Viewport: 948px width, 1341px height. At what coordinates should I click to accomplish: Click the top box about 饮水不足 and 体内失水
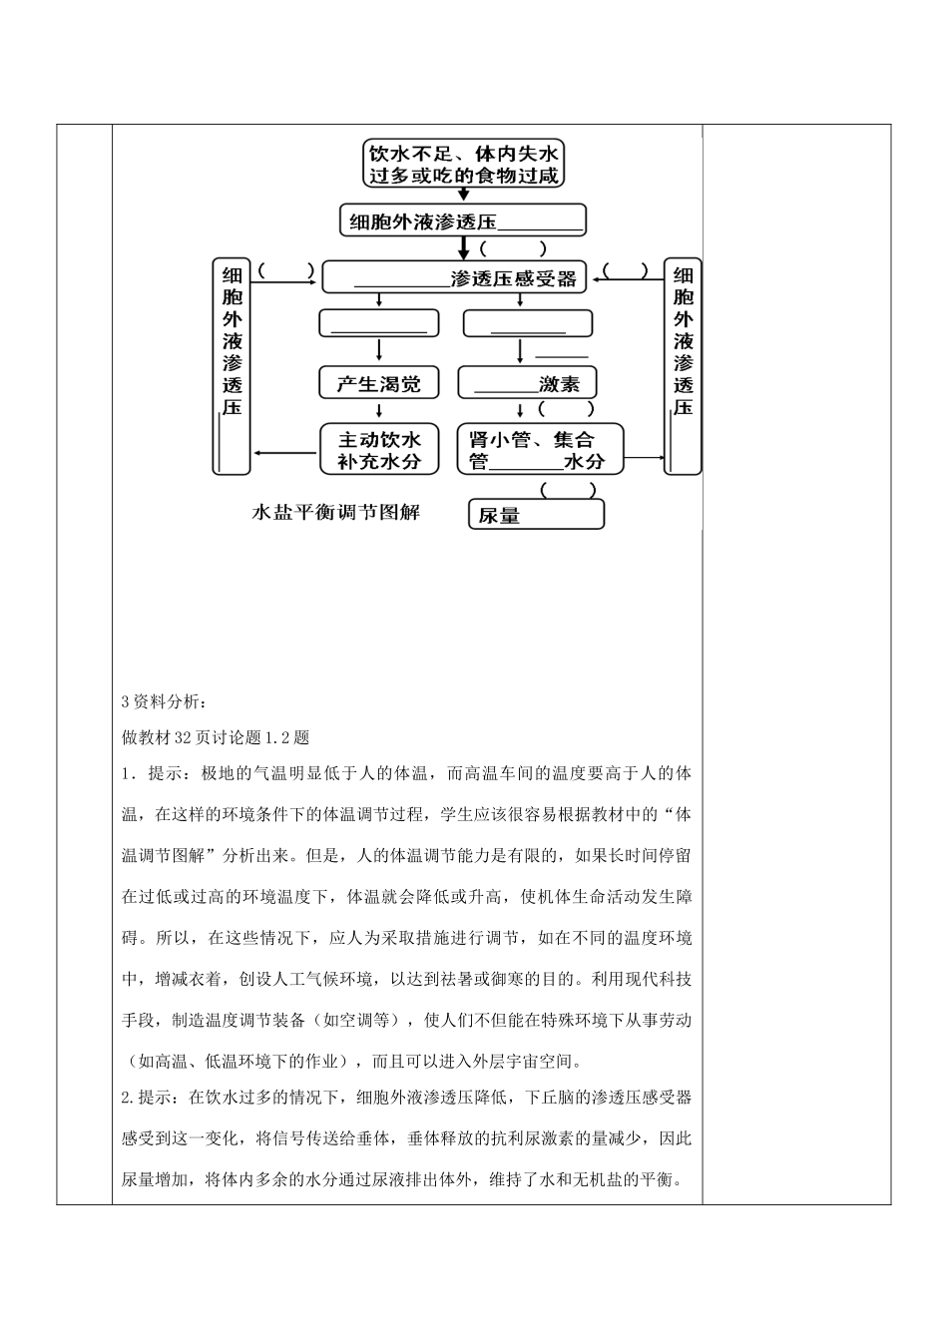click(462, 164)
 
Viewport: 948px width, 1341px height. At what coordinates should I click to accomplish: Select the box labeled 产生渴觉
click(379, 383)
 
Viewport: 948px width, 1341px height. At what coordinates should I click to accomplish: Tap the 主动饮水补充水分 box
click(379, 449)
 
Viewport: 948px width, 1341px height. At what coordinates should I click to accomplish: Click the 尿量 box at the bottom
click(536, 514)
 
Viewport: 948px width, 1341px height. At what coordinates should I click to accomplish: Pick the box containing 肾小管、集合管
click(539, 449)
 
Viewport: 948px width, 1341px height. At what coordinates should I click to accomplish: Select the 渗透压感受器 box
click(455, 278)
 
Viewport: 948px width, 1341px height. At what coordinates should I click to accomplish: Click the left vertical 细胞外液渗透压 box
click(232, 367)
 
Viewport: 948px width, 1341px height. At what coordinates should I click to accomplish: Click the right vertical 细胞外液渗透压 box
click(684, 367)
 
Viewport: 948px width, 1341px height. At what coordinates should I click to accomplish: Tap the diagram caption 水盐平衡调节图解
click(336, 513)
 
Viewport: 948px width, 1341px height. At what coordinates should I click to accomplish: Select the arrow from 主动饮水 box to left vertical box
click(285, 449)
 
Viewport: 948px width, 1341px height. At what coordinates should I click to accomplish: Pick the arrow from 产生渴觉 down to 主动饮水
click(379, 410)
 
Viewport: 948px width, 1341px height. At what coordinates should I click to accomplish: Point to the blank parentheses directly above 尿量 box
click(569, 490)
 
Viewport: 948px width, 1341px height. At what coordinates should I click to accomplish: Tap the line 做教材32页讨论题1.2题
click(216, 738)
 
